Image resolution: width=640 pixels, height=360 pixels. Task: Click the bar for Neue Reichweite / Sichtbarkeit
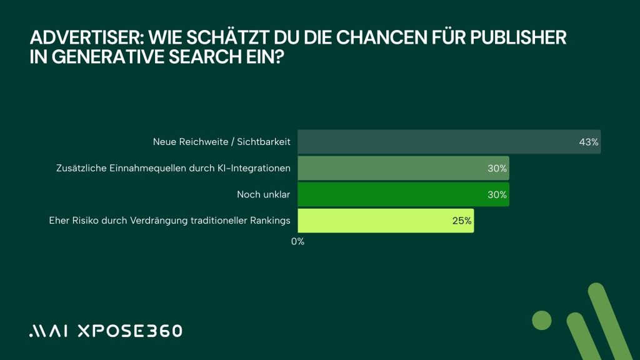(x=437, y=142)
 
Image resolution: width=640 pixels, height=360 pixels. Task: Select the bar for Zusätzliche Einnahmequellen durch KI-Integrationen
(x=394, y=168)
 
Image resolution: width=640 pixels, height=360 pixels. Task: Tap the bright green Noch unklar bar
(x=394, y=194)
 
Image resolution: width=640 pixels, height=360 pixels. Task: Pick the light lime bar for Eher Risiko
(x=375, y=221)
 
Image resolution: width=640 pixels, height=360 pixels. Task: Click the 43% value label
(x=589, y=142)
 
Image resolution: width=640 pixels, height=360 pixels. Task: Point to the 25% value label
(x=462, y=221)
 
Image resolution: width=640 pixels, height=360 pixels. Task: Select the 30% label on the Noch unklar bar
(x=497, y=194)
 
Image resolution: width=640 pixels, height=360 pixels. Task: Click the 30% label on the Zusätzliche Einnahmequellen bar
(x=497, y=168)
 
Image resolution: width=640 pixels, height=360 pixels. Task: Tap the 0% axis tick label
(x=297, y=241)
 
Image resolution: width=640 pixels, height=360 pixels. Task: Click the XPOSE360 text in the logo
(x=129, y=331)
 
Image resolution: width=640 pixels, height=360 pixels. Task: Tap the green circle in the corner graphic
(x=542, y=321)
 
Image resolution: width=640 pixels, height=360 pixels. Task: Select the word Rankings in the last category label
(x=271, y=221)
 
